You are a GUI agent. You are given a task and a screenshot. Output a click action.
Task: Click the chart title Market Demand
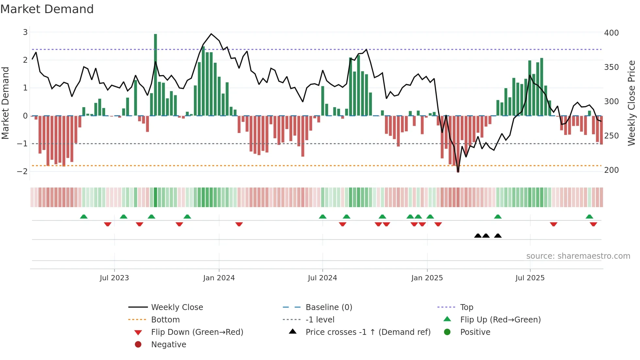47,9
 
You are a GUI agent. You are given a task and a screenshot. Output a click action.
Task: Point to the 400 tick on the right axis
611,33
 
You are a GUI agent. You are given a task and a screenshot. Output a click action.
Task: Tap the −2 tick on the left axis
22,171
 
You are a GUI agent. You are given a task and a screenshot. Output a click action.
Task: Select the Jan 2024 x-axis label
219,278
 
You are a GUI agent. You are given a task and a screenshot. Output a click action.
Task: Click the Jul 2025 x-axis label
530,278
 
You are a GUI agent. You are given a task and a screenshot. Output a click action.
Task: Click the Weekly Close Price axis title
632,103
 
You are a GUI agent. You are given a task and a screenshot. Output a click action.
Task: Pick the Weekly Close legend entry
177,307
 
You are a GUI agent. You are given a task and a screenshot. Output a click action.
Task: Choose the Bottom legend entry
165,320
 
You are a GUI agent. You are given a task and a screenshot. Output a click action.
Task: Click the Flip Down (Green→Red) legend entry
197,332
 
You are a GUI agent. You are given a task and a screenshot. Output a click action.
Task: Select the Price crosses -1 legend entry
368,332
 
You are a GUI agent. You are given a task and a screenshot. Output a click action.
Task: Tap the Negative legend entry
168,345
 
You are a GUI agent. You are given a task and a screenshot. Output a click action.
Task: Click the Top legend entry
467,307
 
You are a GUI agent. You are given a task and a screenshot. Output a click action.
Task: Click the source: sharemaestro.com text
578,256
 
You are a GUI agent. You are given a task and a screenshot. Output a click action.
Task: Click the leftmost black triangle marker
478,236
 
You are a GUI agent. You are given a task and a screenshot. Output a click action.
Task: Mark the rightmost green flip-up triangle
589,217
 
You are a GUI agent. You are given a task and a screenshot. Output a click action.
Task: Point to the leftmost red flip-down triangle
108,224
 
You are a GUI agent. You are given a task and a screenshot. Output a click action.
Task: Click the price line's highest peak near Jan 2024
211,34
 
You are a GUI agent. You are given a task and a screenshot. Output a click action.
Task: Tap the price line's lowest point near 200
458,172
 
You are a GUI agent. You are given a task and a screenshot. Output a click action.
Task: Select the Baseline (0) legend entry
329,307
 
